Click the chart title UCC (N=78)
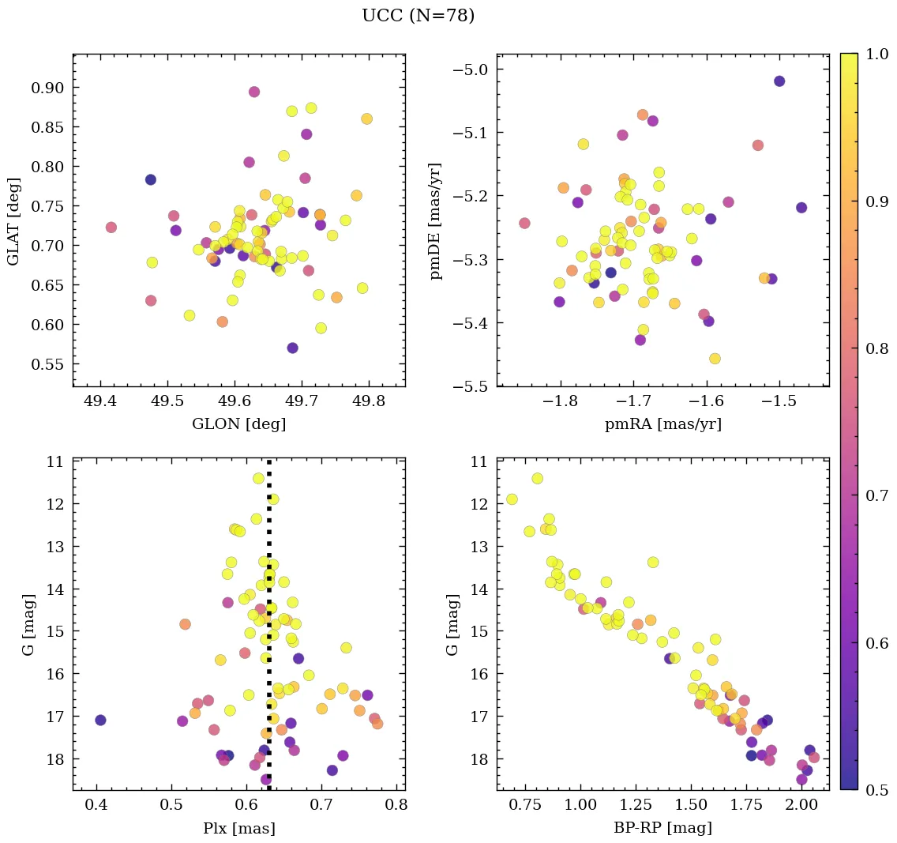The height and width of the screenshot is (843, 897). point(418,16)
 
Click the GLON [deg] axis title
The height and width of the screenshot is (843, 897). point(238,424)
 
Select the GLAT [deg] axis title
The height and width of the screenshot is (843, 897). point(13,220)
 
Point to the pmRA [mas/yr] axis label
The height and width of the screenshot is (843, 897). point(662,424)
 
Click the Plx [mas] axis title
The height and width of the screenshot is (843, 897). point(238,828)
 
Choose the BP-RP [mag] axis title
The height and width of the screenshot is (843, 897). point(662,828)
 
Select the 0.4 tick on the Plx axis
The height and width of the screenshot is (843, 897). point(96,805)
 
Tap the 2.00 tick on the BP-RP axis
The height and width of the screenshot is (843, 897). point(801,805)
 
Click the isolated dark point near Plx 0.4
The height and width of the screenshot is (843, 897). point(100,720)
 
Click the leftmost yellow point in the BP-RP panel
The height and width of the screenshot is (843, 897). point(512,499)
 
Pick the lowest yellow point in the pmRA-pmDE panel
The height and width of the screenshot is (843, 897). point(715,359)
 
